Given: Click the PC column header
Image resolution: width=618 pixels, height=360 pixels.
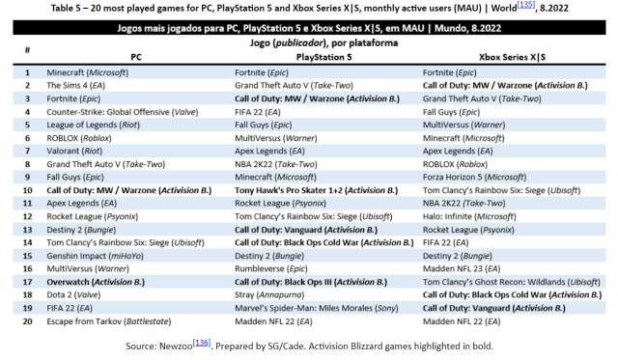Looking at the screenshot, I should tap(136, 57).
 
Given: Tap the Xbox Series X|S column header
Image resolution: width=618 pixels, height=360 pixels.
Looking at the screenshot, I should tap(511, 57).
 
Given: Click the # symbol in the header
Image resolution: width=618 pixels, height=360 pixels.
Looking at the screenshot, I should tap(27, 50).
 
